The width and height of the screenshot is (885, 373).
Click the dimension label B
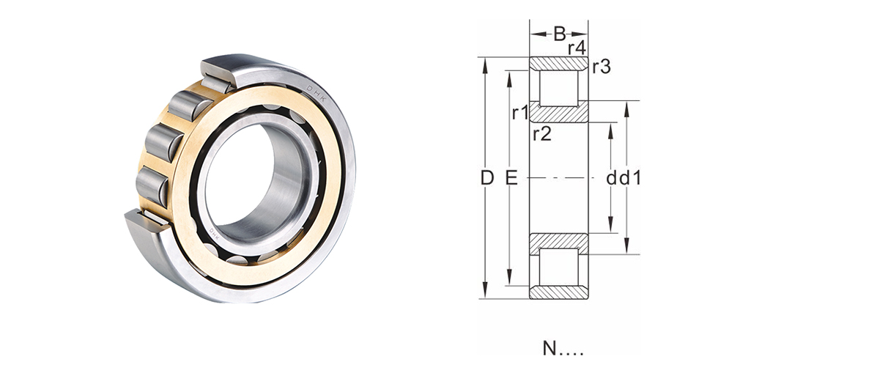tap(559, 33)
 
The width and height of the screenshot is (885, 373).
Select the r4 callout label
tap(577, 49)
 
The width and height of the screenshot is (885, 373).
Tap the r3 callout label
tap(601, 67)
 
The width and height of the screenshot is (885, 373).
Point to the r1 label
tap(520, 113)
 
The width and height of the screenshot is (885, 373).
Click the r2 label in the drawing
tap(542, 133)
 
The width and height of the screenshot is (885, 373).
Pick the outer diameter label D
tap(486, 177)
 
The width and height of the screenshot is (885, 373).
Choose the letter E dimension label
tap(511, 177)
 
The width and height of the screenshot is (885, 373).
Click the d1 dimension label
tap(632, 177)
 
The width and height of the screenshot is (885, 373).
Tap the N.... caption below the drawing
tap(563, 350)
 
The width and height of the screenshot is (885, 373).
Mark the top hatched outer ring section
tap(559, 64)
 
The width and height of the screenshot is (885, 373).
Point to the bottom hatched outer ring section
tap(559, 292)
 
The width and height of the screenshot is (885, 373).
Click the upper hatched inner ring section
tap(559, 114)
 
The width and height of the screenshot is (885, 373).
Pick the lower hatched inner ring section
tap(559, 241)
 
